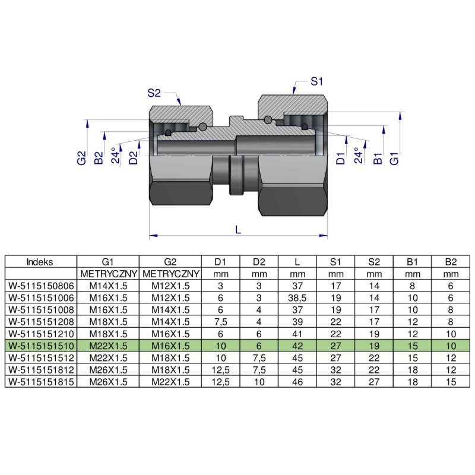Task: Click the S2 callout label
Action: click(154, 93)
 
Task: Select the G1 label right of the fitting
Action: click(393, 158)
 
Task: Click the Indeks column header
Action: click(40, 261)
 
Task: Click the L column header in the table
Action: click(297, 261)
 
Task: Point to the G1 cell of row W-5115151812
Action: click(108, 370)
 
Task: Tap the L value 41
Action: click(297, 334)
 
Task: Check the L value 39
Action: click(297, 321)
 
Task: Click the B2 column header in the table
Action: click(451, 261)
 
